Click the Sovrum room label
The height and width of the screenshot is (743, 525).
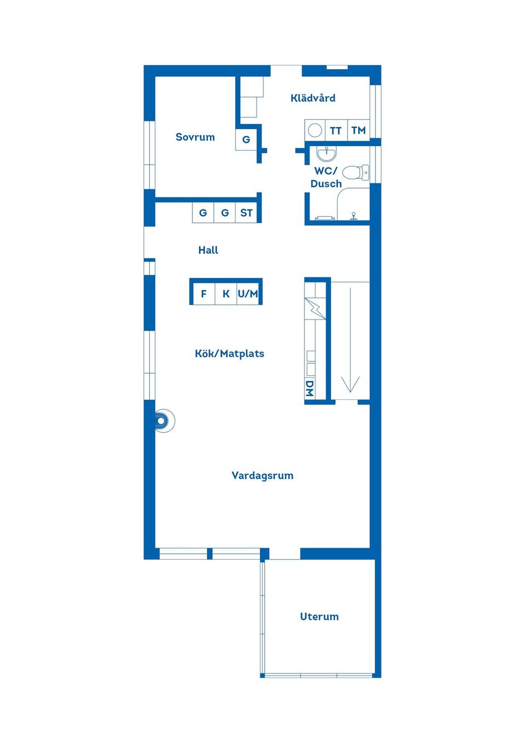point(195,137)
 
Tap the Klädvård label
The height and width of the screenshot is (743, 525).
point(313,98)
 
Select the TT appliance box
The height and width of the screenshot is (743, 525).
point(336,131)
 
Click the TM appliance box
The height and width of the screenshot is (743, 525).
point(358,130)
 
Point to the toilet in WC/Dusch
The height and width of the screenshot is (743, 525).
point(357,172)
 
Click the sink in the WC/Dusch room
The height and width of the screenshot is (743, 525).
point(326,153)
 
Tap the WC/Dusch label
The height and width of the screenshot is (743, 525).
point(326,177)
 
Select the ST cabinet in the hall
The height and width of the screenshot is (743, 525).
point(246,213)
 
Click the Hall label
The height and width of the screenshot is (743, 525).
point(208,250)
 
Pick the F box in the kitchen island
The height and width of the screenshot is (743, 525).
point(203,294)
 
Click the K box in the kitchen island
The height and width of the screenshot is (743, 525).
point(226,294)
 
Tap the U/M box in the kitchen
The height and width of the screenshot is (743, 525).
point(248,294)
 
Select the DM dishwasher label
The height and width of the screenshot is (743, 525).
point(310,388)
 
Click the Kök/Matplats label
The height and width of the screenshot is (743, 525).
point(229,353)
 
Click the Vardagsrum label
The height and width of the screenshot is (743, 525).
point(262,475)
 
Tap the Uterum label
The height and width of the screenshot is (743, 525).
point(319,617)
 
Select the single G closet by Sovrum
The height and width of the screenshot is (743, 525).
point(246,140)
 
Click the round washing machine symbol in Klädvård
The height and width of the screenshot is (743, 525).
point(315,131)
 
